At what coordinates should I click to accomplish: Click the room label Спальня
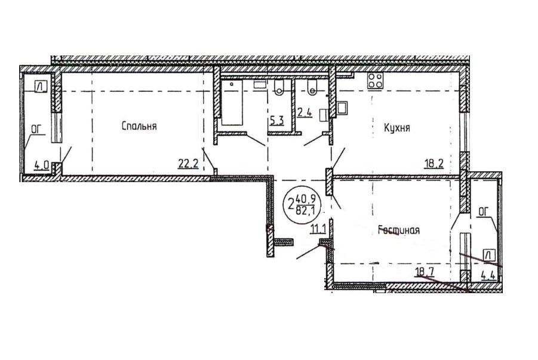click(x=139, y=127)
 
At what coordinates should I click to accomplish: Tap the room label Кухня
click(x=396, y=128)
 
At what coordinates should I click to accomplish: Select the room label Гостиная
click(x=399, y=230)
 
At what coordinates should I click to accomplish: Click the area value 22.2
click(x=188, y=164)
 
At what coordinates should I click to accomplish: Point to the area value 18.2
click(x=434, y=163)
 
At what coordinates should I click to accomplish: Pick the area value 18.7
click(x=425, y=272)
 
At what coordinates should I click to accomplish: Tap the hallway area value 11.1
click(x=318, y=229)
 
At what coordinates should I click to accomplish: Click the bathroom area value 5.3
click(x=276, y=121)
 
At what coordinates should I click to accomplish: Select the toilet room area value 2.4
click(x=305, y=113)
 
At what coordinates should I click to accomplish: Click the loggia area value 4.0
click(x=41, y=165)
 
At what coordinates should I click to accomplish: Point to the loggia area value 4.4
click(x=488, y=275)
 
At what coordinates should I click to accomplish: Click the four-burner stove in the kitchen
click(x=376, y=81)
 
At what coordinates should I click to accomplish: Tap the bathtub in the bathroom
click(x=232, y=103)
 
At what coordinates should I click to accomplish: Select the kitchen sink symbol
click(x=342, y=107)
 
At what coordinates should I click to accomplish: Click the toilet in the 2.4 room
click(x=312, y=87)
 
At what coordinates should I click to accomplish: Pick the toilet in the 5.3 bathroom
click(x=279, y=88)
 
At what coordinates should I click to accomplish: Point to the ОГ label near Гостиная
click(x=482, y=213)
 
